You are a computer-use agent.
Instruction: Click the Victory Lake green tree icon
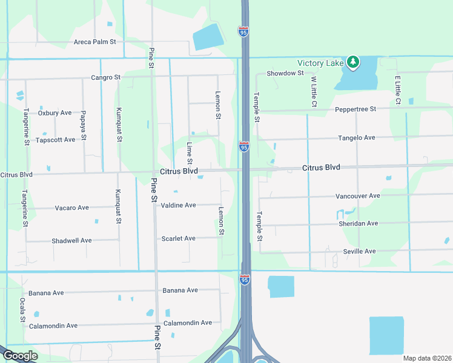353,62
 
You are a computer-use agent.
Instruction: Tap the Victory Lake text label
320,63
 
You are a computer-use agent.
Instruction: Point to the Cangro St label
106,77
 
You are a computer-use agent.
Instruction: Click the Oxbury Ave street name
55,113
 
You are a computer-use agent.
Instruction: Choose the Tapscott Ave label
55,140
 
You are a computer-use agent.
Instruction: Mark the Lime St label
190,153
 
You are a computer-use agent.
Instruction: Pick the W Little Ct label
314,91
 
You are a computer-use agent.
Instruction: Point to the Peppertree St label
355,109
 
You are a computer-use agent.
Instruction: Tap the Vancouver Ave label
357,196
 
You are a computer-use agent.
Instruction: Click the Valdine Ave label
178,205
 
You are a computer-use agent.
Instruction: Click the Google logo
20,356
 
